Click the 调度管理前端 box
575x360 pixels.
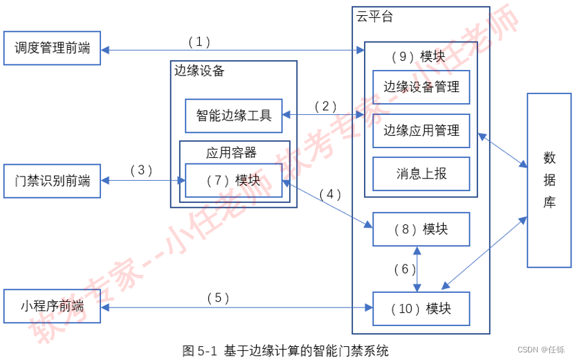[52, 48]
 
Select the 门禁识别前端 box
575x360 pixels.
[52, 181]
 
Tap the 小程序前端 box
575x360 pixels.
[52, 306]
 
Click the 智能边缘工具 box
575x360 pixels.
[234, 116]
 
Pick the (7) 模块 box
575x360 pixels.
[234, 181]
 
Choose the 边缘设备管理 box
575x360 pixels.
[421, 87]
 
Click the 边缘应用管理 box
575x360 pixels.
[421, 131]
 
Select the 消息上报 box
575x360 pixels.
[421, 174]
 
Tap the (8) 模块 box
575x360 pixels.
[421, 229]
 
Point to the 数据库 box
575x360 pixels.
[549, 180]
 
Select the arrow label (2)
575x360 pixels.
[325, 107]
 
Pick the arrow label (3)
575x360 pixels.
[140, 170]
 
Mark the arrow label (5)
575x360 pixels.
[218, 298]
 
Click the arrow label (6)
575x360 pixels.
[405, 269]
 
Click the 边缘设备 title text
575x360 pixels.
[199, 71]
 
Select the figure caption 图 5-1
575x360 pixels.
[285, 350]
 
